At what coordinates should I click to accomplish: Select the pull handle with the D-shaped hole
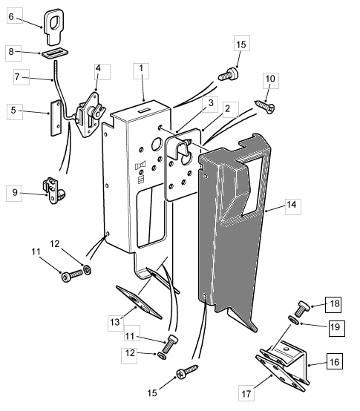click(54, 27)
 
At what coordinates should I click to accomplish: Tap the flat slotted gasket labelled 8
click(56, 53)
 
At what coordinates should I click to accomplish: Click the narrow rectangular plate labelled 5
click(56, 118)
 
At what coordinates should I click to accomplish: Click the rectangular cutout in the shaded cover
click(250, 186)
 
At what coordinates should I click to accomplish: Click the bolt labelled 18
click(303, 309)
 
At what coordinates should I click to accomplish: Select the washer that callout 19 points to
click(293, 320)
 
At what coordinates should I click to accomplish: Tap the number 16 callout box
click(335, 361)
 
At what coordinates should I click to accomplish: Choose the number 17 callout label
click(246, 393)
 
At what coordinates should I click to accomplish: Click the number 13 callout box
click(116, 323)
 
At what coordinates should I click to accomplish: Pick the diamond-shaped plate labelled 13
click(139, 302)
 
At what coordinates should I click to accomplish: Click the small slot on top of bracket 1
click(144, 111)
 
